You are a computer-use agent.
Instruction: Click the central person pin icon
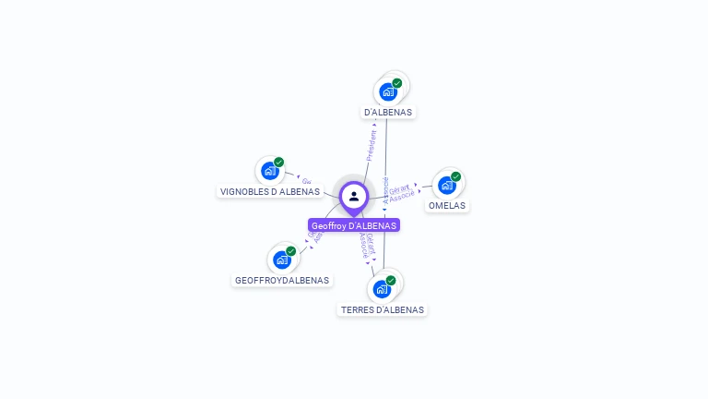[354, 196]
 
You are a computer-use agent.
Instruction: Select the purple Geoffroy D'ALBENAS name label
[354, 225]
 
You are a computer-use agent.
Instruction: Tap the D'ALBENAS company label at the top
[388, 112]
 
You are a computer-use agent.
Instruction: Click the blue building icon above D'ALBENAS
[388, 91]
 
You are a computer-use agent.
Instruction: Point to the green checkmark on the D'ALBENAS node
[397, 83]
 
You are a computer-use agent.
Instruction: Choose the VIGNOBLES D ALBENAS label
[270, 192]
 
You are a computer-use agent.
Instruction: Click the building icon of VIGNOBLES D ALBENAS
[269, 171]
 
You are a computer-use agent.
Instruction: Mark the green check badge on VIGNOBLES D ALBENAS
[278, 163]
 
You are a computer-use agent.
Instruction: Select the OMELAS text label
[447, 206]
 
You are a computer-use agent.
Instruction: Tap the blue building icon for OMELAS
[446, 185]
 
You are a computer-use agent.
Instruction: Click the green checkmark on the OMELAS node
[455, 176]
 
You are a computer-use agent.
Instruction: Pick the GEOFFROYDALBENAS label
[282, 280]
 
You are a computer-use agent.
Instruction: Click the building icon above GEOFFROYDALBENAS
[281, 260]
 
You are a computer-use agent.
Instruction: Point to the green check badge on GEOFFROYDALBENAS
[290, 251]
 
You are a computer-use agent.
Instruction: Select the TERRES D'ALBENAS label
[383, 310]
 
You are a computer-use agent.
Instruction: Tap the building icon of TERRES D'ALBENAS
[381, 289]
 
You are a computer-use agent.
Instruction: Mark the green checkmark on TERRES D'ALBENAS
[391, 281]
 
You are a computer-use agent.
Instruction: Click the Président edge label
[372, 145]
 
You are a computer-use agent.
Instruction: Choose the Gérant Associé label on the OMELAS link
[401, 192]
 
